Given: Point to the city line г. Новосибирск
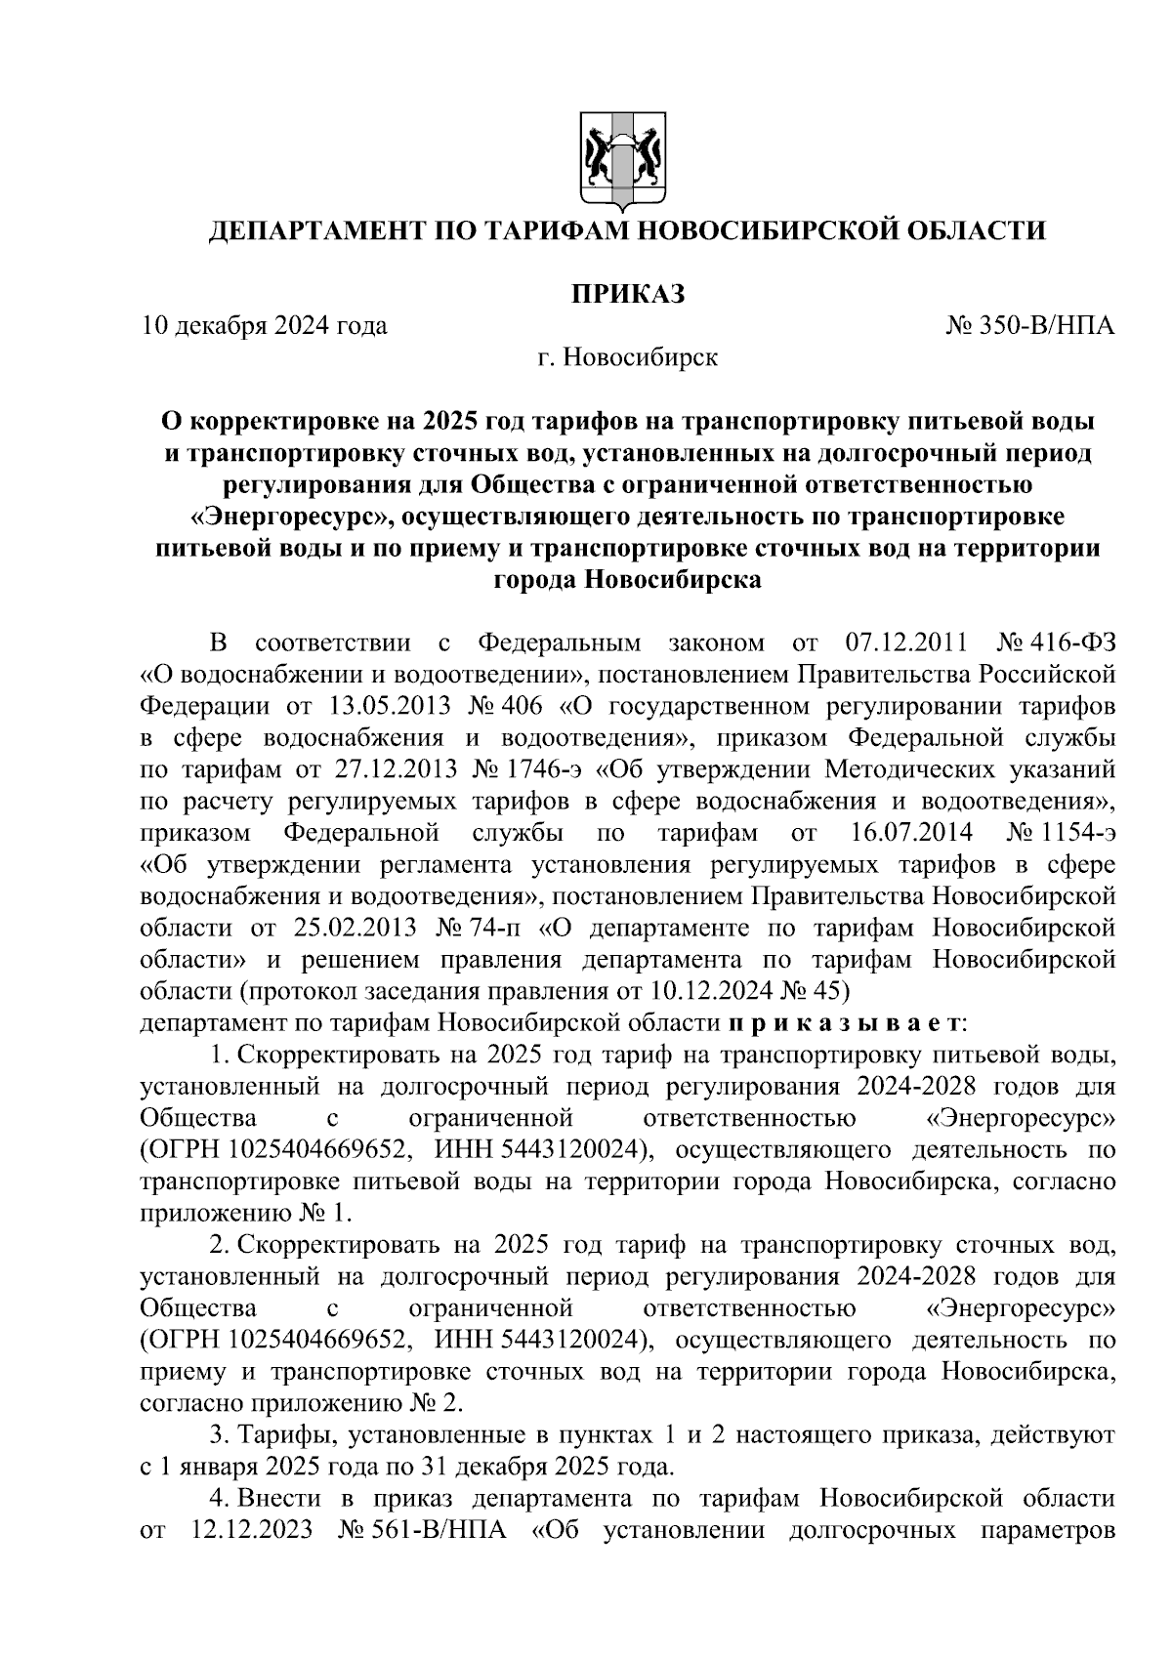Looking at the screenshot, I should click(x=627, y=358).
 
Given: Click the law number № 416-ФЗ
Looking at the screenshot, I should click(x=1056, y=644).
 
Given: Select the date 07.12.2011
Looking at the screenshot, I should click(x=903, y=644).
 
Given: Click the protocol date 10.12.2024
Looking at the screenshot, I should click(x=710, y=992).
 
